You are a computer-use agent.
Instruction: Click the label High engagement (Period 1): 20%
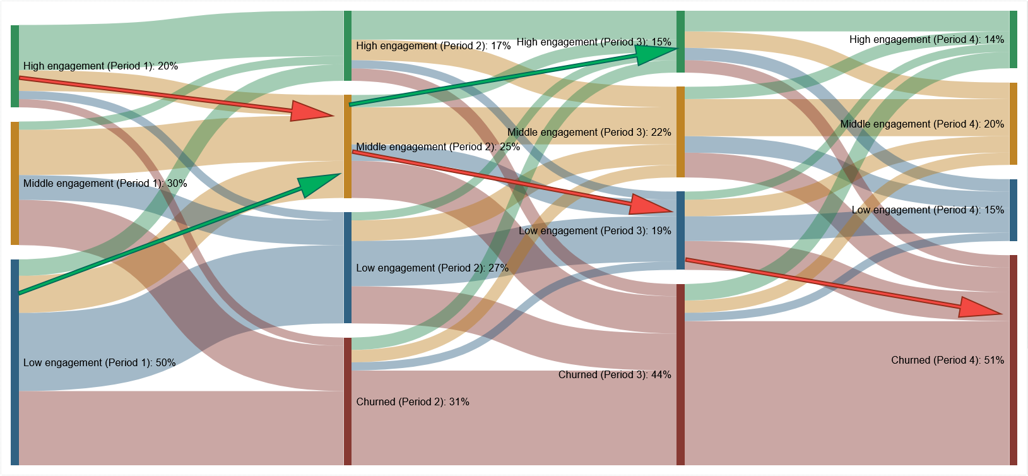100,66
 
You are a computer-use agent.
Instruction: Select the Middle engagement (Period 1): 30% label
105,184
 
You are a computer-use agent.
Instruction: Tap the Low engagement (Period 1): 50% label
99,363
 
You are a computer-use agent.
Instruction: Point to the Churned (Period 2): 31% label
412,402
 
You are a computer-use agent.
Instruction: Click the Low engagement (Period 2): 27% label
432,268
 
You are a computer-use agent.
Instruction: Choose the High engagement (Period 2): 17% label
433,46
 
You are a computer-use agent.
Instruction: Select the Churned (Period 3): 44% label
614,375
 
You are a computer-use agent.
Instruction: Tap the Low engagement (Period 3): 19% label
594,231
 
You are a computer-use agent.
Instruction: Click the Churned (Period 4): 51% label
947,360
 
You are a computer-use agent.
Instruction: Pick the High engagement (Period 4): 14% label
926,40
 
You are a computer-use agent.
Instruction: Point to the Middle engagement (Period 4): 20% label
921,124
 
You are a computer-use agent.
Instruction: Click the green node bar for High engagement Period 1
15,66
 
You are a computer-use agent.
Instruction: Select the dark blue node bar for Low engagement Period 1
15,362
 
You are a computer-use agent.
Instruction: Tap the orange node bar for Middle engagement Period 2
347,146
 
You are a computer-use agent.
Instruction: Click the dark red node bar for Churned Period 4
1013,360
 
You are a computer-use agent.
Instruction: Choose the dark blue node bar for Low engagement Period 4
1013,210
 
